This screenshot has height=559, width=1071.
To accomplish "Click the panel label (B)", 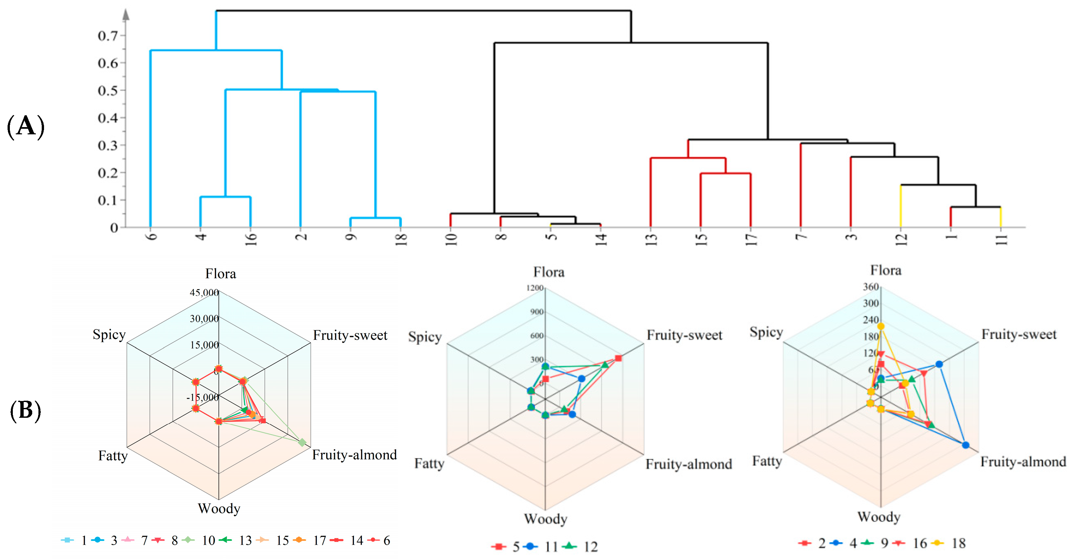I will [x=25, y=411].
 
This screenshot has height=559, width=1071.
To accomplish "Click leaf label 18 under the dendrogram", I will [x=401, y=239].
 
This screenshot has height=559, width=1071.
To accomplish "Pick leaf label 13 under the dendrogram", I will [x=651, y=239].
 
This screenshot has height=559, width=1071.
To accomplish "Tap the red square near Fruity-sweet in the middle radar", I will [x=618, y=358].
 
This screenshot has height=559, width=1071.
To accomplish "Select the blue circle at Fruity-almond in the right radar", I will [x=966, y=445].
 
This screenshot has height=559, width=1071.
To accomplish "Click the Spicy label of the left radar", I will [x=109, y=335].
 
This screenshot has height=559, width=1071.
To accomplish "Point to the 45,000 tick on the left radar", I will [x=204, y=293].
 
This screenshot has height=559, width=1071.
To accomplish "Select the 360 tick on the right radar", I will [x=871, y=287].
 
